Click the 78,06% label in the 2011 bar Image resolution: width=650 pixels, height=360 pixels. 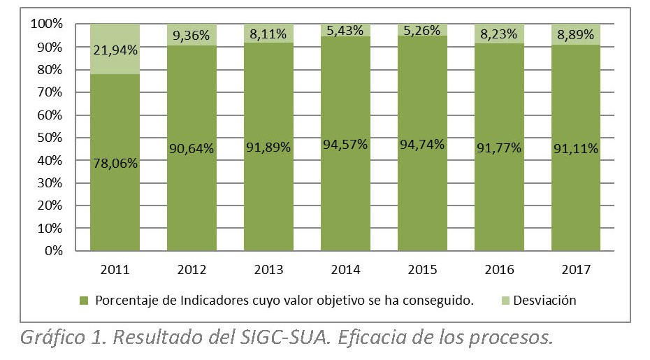coord(115,163)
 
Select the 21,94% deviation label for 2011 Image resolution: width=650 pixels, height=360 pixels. coord(115,49)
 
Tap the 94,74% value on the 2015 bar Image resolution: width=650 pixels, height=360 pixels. coord(422,145)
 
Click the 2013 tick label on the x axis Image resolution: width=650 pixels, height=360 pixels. coord(268,269)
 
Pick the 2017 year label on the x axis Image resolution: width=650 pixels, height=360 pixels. coord(576,269)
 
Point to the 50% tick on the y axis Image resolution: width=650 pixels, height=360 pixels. coord(48,138)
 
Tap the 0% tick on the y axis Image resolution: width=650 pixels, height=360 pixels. coord(51,251)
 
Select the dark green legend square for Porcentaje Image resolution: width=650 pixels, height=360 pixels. coord(84,301)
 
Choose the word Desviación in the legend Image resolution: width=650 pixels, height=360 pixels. coord(544,301)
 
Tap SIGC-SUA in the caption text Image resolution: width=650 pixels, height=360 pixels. coord(291,338)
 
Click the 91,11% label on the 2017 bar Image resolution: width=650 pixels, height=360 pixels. coord(576,148)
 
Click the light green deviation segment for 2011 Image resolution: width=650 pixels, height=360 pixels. coord(115,63)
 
